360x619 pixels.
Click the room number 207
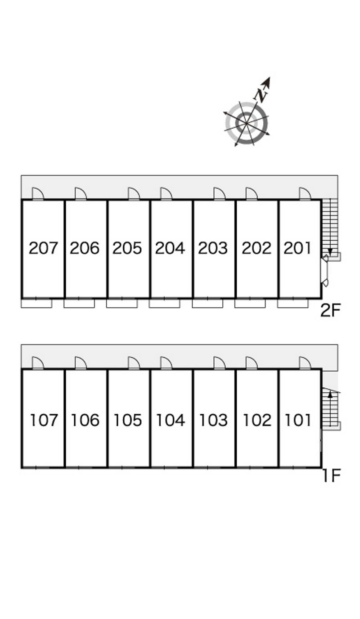coord(43,248)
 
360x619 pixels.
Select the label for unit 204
coord(170,248)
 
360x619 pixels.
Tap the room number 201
coord(297,248)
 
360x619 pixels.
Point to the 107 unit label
coord(44,420)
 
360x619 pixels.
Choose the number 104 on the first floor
coord(170,420)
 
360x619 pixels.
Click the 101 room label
coord(298,420)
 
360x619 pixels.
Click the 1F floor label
coord(331,475)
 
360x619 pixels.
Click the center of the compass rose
coord(247,122)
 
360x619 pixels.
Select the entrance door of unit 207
coord(38,194)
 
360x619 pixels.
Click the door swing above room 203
coord(219,194)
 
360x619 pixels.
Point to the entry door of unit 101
coord(305,363)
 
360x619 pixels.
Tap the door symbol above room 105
coord(134,363)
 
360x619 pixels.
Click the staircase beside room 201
coord(330,227)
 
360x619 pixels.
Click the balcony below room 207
coord(36,304)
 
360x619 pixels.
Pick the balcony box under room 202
coord(250,304)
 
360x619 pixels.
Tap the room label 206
coord(85,248)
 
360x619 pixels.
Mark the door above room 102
coord(252,363)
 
